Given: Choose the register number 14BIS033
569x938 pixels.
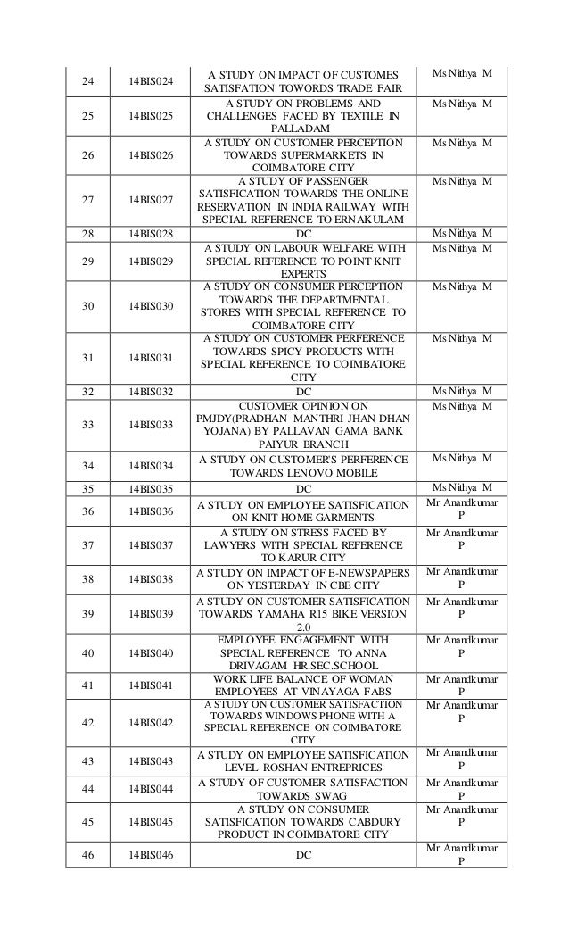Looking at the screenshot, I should [150, 426].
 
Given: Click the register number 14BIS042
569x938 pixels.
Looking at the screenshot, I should [150, 723].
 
